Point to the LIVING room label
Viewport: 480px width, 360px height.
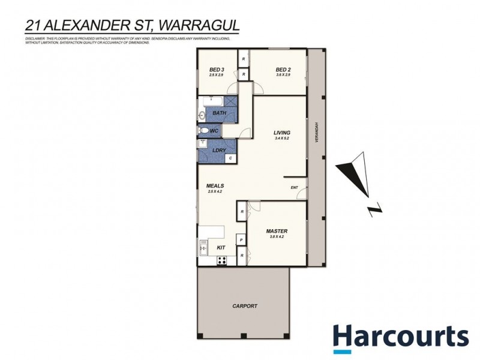[x=282, y=133]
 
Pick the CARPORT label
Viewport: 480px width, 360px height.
[x=244, y=306]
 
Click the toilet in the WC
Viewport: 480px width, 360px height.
[x=204, y=131]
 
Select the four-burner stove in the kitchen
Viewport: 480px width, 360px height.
[x=221, y=260]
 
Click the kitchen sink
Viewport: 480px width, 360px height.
[x=203, y=247]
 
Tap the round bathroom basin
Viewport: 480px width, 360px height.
[x=202, y=114]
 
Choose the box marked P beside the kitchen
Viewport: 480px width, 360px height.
[x=241, y=240]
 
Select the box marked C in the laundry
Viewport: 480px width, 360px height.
[x=230, y=158]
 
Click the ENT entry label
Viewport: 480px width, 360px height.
[x=295, y=188]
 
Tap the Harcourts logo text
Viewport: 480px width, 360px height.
[x=401, y=336]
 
